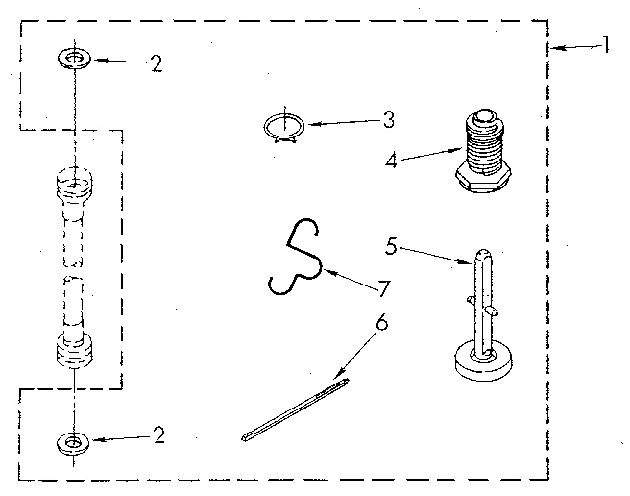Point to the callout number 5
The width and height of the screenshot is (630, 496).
(392, 245)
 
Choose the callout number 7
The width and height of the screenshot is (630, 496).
(384, 287)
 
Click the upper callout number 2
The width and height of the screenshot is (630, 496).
(156, 64)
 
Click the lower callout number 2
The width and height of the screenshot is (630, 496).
(158, 435)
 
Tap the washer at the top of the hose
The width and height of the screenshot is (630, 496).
(72, 60)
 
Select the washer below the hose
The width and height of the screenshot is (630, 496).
(72, 442)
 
